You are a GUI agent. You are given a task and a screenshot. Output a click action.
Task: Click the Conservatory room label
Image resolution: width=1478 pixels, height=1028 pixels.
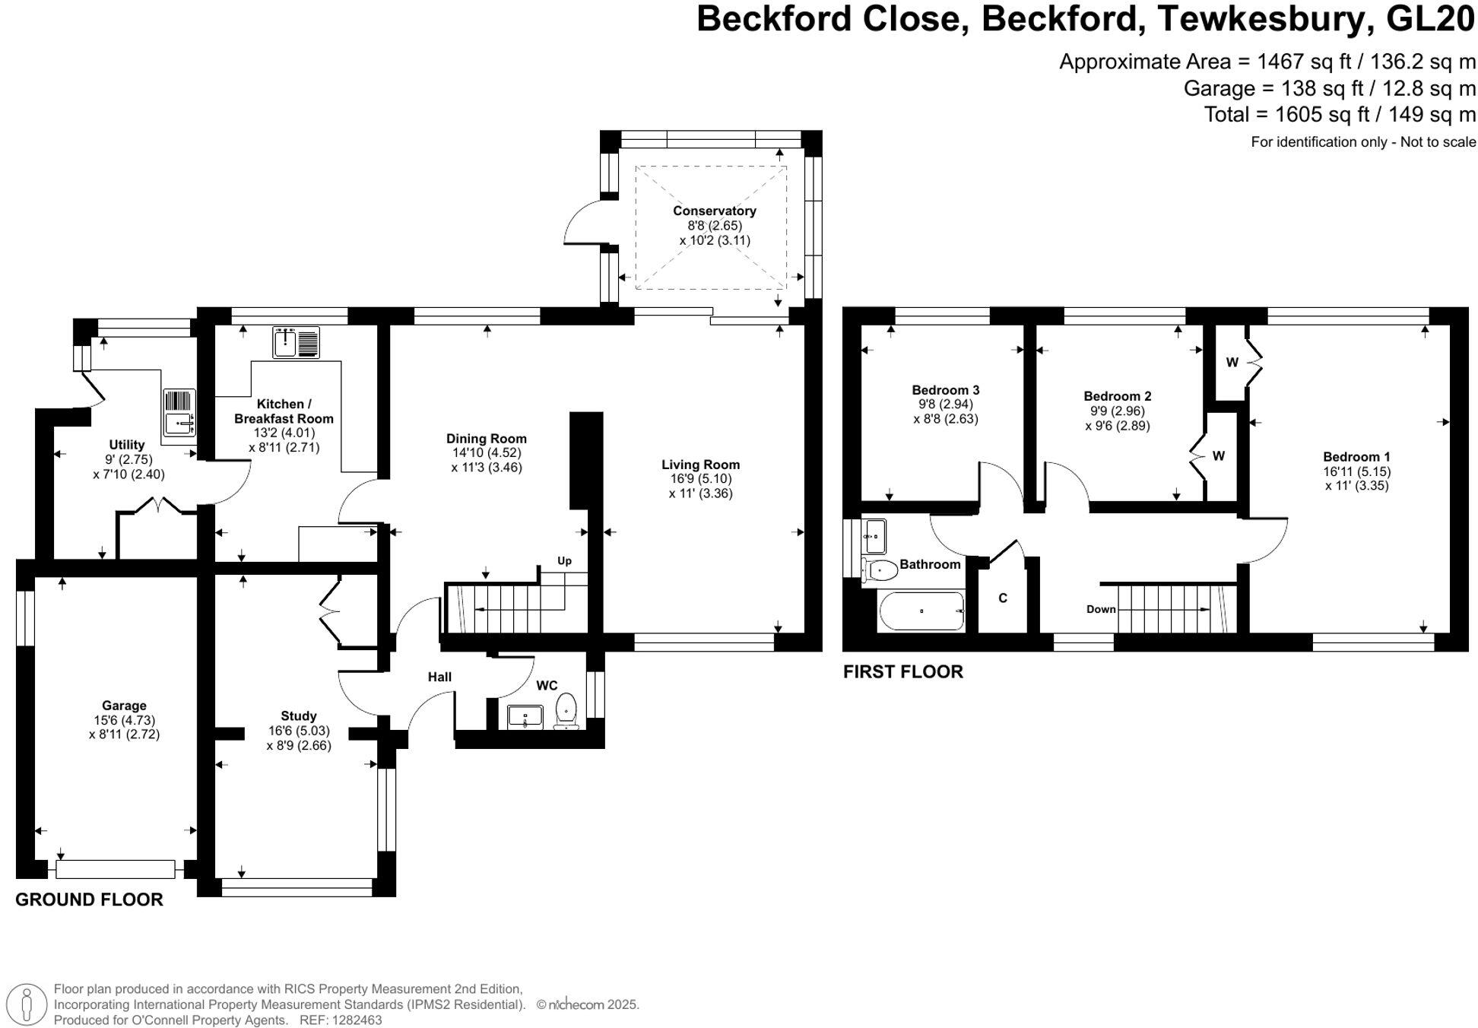(x=714, y=211)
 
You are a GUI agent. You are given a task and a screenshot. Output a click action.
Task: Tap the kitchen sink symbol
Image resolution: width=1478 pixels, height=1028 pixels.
(x=296, y=343)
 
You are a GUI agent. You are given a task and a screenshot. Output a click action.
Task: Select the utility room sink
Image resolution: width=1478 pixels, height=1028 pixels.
(x=180, y=414)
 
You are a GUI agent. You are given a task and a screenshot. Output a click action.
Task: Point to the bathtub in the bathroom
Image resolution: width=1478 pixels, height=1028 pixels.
(x=921, y=611)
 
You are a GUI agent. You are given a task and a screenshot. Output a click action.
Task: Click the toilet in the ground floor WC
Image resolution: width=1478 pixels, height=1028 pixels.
(x=566, y=709)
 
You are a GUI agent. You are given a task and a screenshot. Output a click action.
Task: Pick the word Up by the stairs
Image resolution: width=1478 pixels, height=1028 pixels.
(x=564, y=561)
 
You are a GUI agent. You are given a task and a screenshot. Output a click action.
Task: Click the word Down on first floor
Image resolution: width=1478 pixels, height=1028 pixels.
(x=1101, y=609)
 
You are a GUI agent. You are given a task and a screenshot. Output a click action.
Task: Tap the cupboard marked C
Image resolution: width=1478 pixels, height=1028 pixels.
(x=1002, y=598)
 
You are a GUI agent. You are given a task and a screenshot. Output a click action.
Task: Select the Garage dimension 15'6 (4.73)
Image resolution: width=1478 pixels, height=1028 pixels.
(x=124, y=720)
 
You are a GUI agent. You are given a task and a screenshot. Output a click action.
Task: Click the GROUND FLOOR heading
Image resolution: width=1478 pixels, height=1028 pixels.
(x=89, y=899)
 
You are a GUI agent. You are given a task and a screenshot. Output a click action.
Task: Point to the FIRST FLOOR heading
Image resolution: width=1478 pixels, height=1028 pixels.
(x=902, y=671)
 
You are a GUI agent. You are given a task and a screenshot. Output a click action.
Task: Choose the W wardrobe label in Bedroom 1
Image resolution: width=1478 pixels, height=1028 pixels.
(x=1232, y=362)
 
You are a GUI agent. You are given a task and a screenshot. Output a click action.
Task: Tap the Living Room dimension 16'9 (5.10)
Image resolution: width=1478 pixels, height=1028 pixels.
(x=700, y=479)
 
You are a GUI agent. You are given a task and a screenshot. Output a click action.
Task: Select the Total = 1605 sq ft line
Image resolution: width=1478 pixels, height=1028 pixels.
(x=1340, y=115)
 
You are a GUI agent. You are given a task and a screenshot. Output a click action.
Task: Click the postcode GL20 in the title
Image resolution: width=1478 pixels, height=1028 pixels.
(x=1430, y=19)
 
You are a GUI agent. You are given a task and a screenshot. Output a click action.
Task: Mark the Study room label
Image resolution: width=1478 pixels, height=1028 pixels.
(x=298, y=715)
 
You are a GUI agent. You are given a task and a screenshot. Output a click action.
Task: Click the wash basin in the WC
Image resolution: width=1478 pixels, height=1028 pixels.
(x=525, y=716)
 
